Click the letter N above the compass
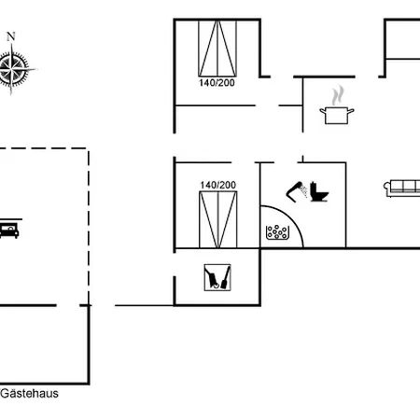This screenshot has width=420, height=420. pos(11,36)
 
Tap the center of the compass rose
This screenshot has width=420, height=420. pos(12,69)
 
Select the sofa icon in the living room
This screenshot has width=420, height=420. pos(402,188)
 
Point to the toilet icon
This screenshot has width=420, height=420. pos(319,191)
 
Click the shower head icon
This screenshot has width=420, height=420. pos(297,191)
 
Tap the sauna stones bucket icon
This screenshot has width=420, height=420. pos(276,232)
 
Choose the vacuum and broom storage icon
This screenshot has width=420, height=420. pos(217,277)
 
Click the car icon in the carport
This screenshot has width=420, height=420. pos(9,231)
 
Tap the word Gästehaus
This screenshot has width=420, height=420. pos(30,394)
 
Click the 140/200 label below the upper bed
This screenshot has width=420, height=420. pos(217,83)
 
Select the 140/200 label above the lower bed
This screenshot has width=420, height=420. pos(218,185)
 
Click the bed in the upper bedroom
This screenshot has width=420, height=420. pos(217,49)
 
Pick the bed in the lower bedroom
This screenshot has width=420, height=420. pos(218,219)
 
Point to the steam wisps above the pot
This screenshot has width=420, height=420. pos(337,95)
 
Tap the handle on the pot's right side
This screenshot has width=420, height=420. pos(351,111)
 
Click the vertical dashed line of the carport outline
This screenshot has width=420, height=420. pos(89,227)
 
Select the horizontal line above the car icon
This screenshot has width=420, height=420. pos(11,219)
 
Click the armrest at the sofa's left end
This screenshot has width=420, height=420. pos(387,188)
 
